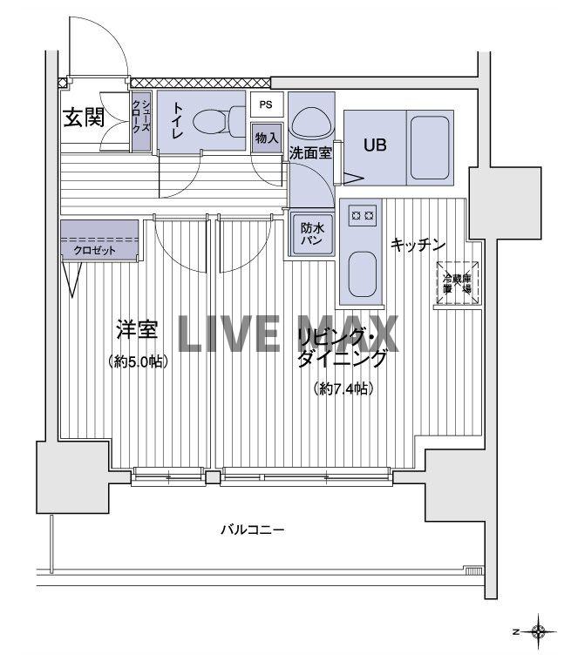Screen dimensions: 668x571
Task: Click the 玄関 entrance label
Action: pos(84,118)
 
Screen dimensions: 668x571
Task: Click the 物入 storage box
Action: pos(267,138)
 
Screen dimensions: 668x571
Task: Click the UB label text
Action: pos(375,145)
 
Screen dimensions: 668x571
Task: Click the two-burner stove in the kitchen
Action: pos(361,213)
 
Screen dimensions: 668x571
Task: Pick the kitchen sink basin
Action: pos(361,274)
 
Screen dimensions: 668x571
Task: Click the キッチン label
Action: pos(418,246)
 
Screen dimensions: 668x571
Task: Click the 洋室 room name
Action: pos(137,331)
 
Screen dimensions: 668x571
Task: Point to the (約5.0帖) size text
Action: pos(138,361)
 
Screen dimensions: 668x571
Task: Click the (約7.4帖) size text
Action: pos(343,389)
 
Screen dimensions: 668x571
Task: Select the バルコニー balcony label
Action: pos(252,530)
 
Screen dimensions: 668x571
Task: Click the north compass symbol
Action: pos(538,630)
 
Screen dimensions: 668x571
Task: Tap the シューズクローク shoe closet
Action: pos(140,122)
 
